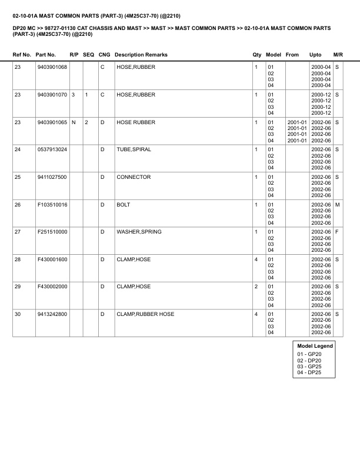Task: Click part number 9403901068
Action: (52, 67)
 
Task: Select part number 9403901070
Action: (52, 95)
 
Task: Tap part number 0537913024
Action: (52, 149)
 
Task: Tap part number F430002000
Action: (52, 287)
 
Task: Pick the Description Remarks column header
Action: (141, 55)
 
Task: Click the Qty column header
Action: (257, 55)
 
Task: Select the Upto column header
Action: (316, 55)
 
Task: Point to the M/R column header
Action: (338, 55)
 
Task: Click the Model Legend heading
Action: (315, 346)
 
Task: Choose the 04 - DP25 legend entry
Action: (309, 373)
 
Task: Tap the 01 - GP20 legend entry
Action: (309, 354)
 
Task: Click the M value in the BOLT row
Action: (338, 204)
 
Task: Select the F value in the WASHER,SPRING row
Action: (337, 232)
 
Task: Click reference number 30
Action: (18, 314)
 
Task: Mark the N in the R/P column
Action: (73, 122)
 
